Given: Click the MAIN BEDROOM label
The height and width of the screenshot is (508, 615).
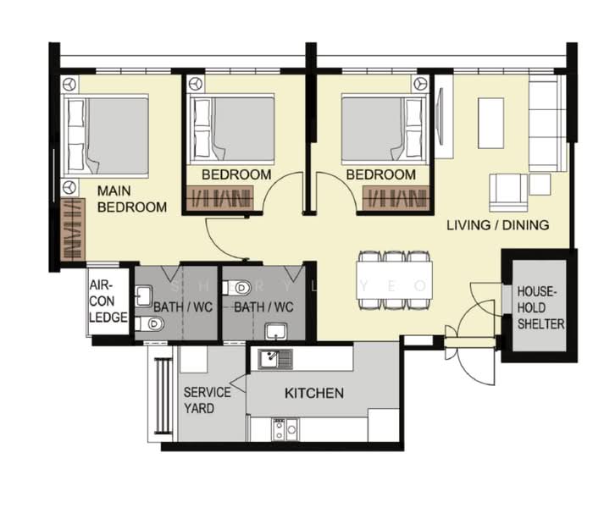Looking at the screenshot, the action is tap(132, 199).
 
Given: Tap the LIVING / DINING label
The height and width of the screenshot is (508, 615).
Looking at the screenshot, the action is tap(498, 225).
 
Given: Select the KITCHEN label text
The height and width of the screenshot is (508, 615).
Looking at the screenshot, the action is tap(314, 393).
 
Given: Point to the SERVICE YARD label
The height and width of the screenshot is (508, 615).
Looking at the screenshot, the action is tap(207, 400).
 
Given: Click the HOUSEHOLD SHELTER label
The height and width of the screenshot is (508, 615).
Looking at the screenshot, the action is tap(540, 307).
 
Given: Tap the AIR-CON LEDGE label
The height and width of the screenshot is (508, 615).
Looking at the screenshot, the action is tap(108, 301).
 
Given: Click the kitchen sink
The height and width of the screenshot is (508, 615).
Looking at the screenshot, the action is tap(275, 359).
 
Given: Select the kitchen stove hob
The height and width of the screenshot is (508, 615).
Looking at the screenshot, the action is tap(285, 429).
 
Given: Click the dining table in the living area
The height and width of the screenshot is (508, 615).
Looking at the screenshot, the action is tap(395, 280).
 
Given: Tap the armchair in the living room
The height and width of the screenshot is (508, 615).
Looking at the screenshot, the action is tap(508, 193).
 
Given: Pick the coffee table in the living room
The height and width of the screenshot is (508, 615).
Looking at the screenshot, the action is tap(490, 123).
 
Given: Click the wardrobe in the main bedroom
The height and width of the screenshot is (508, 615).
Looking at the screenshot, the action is tap(73, 229).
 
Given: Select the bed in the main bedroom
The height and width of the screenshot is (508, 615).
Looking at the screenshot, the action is tap(106, 135).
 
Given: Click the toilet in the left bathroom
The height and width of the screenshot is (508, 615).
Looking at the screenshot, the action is tap(150, 323).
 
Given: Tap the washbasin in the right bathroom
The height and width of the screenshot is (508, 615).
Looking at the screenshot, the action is tap(276, 332).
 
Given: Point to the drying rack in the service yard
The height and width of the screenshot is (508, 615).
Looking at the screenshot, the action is tap(163, 396).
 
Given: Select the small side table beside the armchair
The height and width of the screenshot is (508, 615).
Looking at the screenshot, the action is tap(540, 185).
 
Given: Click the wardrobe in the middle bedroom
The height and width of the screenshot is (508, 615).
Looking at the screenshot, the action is tap(219, 198).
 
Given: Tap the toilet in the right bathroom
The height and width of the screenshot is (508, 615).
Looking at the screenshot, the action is tap(236, 288).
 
